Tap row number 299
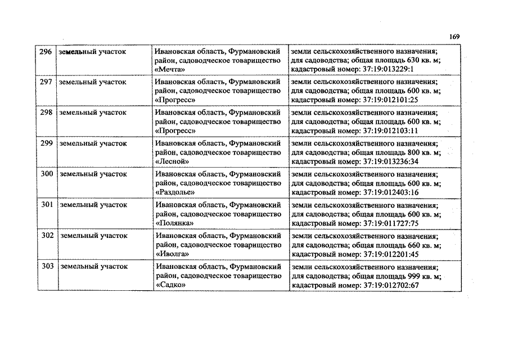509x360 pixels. tap(47, 143)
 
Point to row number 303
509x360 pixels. tap(47, 266)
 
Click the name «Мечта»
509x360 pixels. tap(169, 70)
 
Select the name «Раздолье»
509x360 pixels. tap(175, 192)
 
